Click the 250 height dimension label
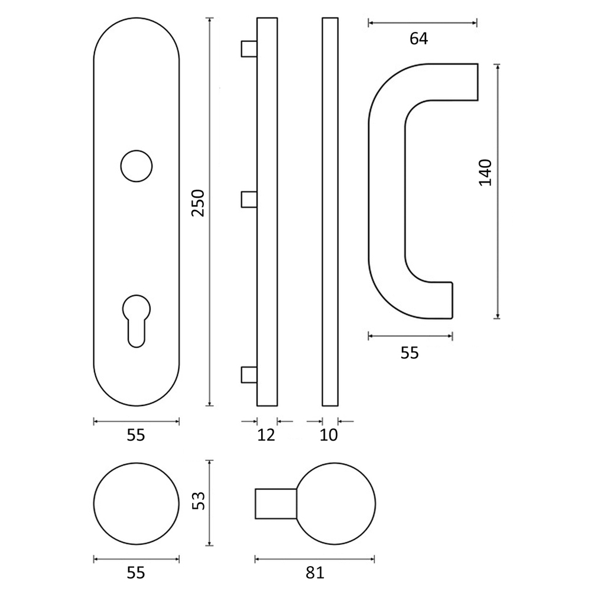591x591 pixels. click(198, 203)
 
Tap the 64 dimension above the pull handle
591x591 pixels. click(419, 39)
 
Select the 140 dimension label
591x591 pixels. click(485, 173)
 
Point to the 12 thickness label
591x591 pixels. click(267, 436)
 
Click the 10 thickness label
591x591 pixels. click(329, 436)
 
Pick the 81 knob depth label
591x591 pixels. click(315, 573)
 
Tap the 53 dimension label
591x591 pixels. click(198, 501)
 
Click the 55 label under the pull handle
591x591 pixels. click(410, 353)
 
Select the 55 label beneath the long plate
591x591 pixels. click(136, 436)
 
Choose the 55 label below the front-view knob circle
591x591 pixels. click(136, 573)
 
